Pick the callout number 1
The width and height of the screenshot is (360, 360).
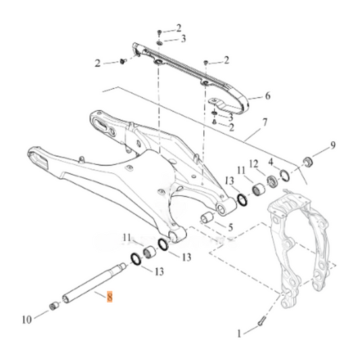click(238, 332)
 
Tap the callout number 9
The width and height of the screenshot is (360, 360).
click(332, 145)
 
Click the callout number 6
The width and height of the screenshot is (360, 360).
click(267, 97)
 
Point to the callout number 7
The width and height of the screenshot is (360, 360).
click(264, 122)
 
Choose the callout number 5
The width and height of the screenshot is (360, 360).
click(230, 228)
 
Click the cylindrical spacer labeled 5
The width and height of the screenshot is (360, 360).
click(207, 218)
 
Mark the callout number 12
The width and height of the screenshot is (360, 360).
click(253, 164)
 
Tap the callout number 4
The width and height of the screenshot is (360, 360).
click(270, 163)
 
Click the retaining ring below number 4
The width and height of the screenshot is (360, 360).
click(286, 177)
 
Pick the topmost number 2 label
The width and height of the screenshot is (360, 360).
click(179, 28)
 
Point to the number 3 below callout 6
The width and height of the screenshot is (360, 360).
click(230, 117)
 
